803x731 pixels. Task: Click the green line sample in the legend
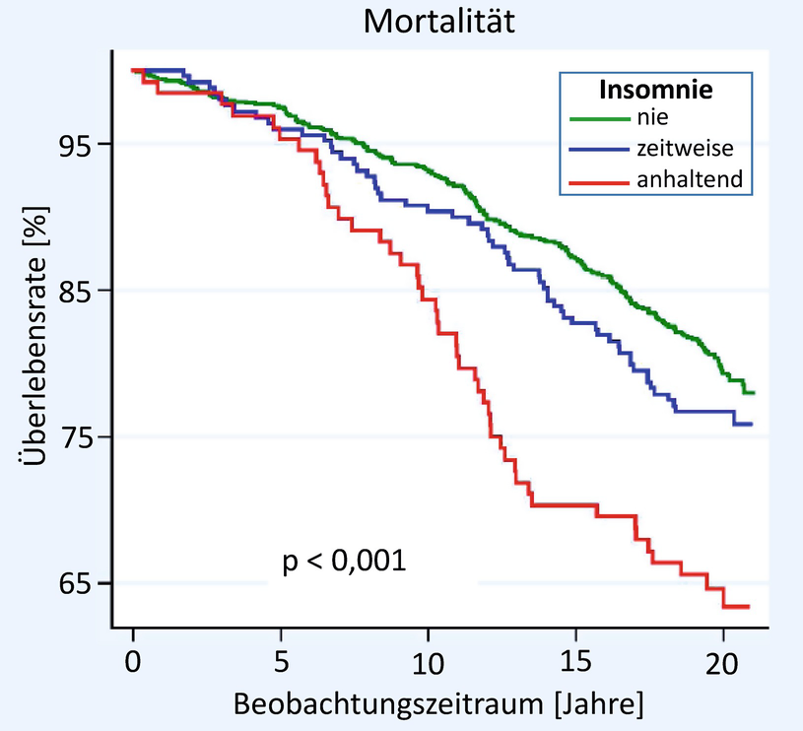(x=599, y=119)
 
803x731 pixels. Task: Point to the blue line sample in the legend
(x=599, y=149)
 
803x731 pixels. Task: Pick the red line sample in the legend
(x=599, y=179)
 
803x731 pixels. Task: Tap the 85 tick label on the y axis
(x=74, y=291)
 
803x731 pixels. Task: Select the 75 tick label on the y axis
(x=74, y=436)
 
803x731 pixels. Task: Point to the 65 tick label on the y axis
(x=74, y=583)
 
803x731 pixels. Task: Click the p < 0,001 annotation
(x=345, y=563)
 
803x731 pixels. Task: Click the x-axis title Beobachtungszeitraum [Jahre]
(x=438, y=704)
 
